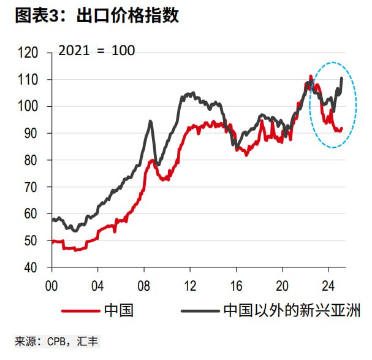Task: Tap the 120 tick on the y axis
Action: coord(28,53)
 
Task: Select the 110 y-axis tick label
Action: coord(28,80)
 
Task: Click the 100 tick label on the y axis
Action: coord(28,107)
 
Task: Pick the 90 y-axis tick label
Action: coord(31,134)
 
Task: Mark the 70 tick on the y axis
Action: coord(31,187)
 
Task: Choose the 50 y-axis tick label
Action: coord(31,241)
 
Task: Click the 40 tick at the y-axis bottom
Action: coord(31,268)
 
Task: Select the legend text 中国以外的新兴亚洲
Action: coord(292,312)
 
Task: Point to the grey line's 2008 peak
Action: coord(150,121)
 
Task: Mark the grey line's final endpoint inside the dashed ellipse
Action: coord(341,78)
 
